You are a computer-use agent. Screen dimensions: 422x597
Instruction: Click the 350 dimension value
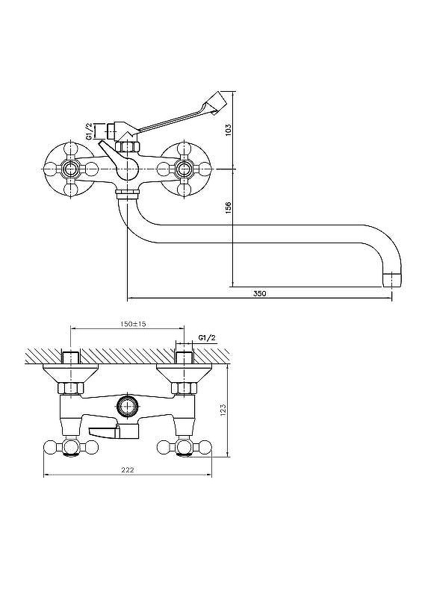pos(260,293)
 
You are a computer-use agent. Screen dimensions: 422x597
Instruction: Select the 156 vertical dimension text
pos(228,208)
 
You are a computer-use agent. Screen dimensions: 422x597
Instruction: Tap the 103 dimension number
pos(228,130)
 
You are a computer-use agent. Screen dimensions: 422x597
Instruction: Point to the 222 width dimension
pos(127,470)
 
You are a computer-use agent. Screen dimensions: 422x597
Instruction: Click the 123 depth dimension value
pos(223,409)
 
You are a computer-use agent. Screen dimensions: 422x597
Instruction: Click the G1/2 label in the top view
pos(207,338)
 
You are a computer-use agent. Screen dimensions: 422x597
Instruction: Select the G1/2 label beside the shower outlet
pos(88,131)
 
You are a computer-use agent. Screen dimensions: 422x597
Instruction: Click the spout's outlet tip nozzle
pos(392,281)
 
